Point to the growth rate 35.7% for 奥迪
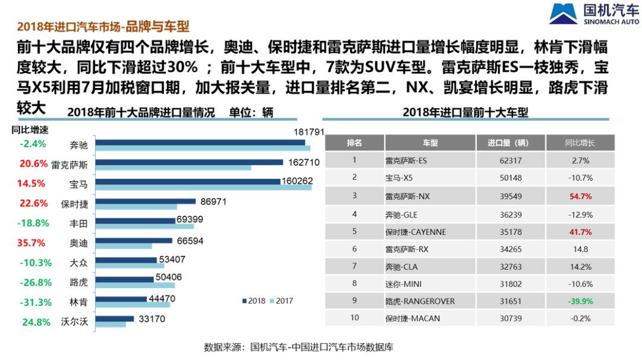32,243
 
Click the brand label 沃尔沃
74,322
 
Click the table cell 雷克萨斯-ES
406,160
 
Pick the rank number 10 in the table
354,318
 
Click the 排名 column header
354,143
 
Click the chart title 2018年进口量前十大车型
465,112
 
